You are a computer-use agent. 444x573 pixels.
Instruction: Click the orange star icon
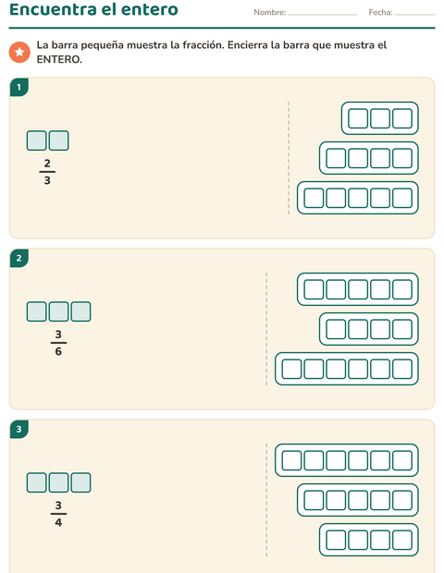[x=19, y=52]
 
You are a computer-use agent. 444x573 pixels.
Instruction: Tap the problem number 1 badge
[x=19, y=88]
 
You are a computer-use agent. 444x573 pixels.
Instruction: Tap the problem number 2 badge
[x=19, y=259]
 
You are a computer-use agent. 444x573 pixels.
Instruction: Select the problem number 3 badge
[x=19, y=429]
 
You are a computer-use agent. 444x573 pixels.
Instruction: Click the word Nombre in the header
[x=269, y=12]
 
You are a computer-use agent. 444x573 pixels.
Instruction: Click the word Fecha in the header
[x=380, y=12]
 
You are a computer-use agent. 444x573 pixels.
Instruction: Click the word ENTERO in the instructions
[x=59, y=59]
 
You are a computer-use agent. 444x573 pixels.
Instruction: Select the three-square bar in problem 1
[x=380, y=102]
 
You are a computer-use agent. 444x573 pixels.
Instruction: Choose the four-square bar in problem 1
[x=369, y=141]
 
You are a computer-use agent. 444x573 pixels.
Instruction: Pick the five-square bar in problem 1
[x=358, y=182]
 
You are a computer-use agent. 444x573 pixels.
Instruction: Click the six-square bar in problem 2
[x=347, y=353]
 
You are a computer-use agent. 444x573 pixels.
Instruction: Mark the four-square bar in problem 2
[x=369, y=312]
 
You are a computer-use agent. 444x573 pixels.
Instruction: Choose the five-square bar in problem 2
[x=358, y=273]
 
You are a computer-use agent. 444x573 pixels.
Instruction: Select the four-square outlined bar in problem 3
[x=369, y=524]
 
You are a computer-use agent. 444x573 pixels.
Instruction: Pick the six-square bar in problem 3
[x=347, y=445]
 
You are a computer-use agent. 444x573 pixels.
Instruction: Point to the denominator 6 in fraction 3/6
[x=58, y=351]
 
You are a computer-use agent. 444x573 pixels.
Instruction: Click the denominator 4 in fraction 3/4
[x=58, y=522]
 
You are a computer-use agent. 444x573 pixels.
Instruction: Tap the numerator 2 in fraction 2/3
[x=47, y=163]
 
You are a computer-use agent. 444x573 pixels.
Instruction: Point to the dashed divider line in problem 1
[x=289, y=158]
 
